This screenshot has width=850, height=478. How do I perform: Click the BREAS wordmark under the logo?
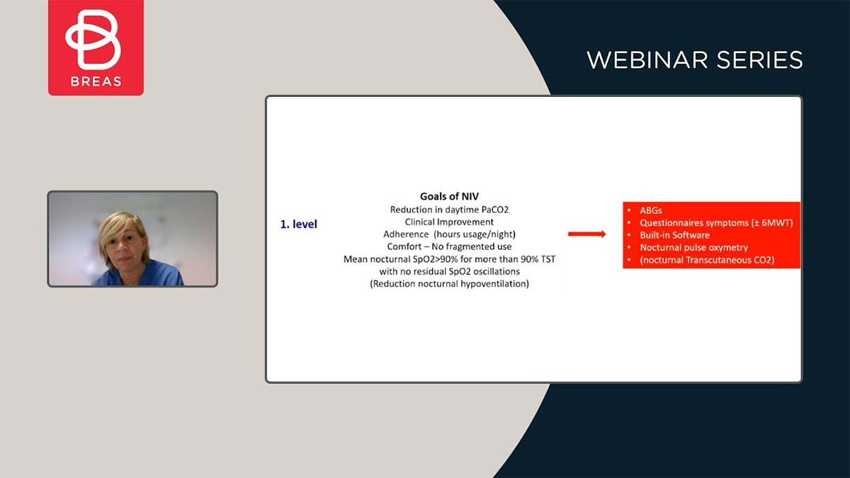[x=96, y=81]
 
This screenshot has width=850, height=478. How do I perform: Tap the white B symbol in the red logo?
[x=93, y=40]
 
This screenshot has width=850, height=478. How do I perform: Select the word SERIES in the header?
[x=759, y=60]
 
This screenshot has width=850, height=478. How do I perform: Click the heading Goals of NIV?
[x=449, y=196]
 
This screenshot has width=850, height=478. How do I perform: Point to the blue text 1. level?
[x=299, y=224]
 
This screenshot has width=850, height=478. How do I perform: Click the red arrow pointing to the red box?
[x=586, y=234]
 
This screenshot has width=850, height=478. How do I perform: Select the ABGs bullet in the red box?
[x=651, y=210]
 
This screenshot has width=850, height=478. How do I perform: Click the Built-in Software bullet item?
[x=674, y=235]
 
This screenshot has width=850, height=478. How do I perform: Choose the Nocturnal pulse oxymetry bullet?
[x=693, y=248]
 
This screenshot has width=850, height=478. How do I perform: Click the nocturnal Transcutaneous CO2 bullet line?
[x=707, y=260]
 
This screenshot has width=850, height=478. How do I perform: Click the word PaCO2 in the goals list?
[x=495, y=210]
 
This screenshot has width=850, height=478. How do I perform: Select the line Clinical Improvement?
[x=449, y=222]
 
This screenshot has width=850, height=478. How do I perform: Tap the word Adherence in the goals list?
[x=406, y=234]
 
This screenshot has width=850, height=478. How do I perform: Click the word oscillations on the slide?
[x=497, y=272]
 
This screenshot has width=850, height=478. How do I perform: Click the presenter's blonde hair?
[x=122, y=227]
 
